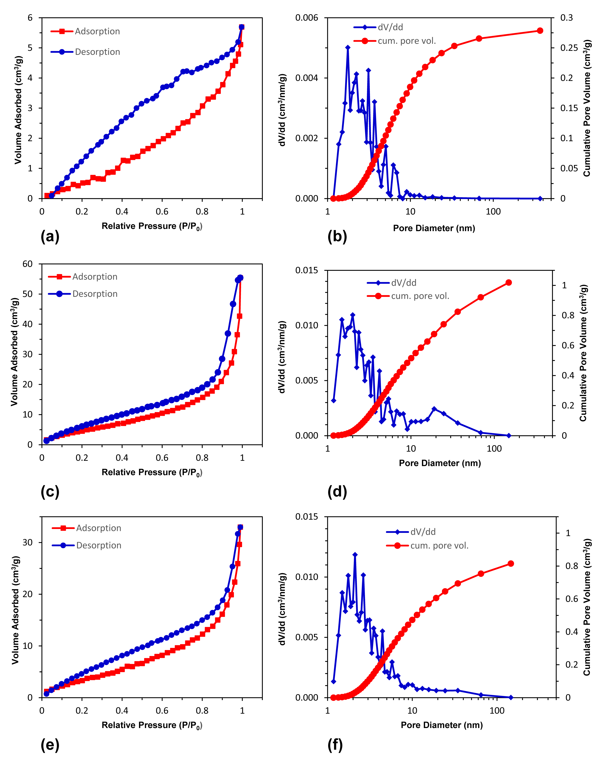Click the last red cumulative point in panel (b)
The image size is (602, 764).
click(540, 31)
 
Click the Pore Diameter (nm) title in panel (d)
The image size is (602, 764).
click(439, 463)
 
